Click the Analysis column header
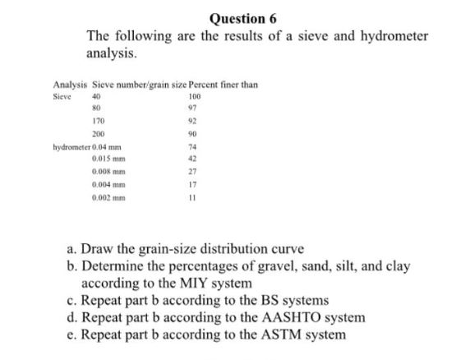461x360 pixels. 70,85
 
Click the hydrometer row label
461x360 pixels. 71,146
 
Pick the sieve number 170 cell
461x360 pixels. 103,121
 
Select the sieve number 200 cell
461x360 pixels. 103,133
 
